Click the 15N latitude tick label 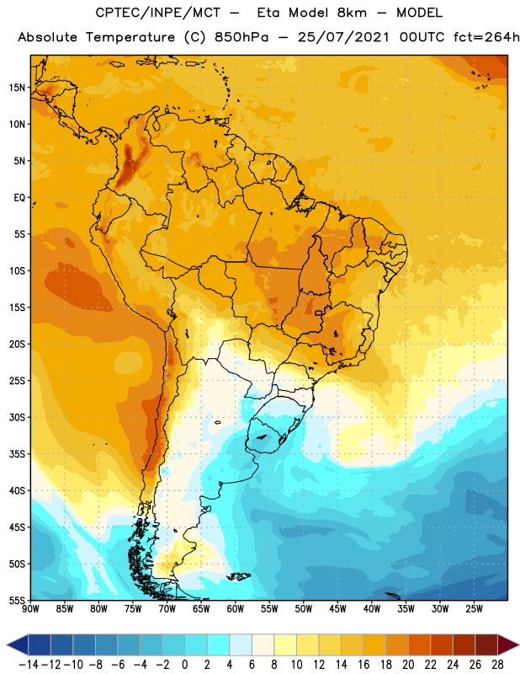tap(17, 88)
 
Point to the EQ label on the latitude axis tap(19, 198)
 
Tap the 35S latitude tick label tap(17, 454)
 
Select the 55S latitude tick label tap(17, 600)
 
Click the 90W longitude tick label tap(30, 609)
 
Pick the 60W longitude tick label tap(236, 609)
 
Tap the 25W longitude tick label tap(474, 609)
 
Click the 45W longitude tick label tap(337, 609)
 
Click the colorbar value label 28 tap(497, 665)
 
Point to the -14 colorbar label tap(29, 665)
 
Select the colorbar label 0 tap(184, 665)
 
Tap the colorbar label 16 tap(363, 665)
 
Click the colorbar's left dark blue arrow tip tap(8, 645)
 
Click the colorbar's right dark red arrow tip tap(518, 645)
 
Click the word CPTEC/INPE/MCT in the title tap(158, 13)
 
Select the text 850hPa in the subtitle tap(241, 37)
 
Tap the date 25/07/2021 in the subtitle tap(343, 37)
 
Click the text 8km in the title tap(352, 13)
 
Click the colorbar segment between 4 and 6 tap(241, 645)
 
